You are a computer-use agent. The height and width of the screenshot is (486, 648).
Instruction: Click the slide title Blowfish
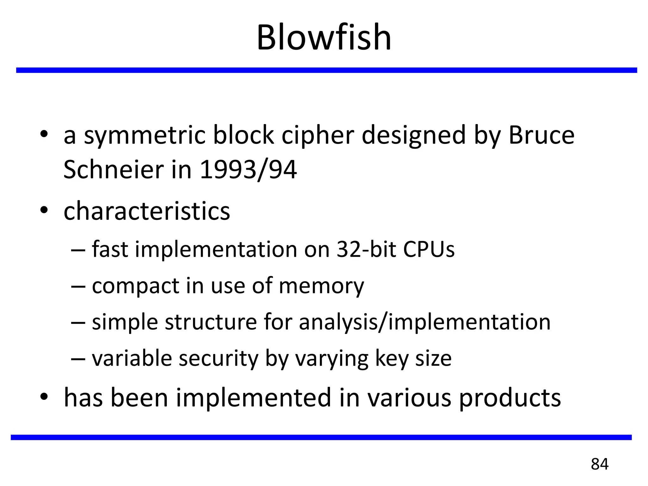[324, 37]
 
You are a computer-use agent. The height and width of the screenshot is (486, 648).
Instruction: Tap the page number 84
[599, 464]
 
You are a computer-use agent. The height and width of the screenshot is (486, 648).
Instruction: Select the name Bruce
[541, 135]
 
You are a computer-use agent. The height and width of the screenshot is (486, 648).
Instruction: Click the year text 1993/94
[248, 170]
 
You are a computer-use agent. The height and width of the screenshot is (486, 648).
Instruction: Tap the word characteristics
[147, 211]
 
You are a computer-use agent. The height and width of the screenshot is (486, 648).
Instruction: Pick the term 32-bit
[366, 249]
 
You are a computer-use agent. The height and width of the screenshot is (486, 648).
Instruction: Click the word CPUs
[429, 249]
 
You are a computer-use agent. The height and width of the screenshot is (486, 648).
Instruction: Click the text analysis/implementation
[424, 322]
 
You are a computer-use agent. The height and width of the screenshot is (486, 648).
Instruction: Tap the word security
[218, 359]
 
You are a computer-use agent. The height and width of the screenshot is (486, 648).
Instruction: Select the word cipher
[317, 135]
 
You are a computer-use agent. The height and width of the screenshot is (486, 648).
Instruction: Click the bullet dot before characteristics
[44, 209]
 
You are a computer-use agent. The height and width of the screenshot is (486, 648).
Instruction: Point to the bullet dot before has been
[44, 396]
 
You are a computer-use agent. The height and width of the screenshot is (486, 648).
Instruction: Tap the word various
[409, 397]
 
